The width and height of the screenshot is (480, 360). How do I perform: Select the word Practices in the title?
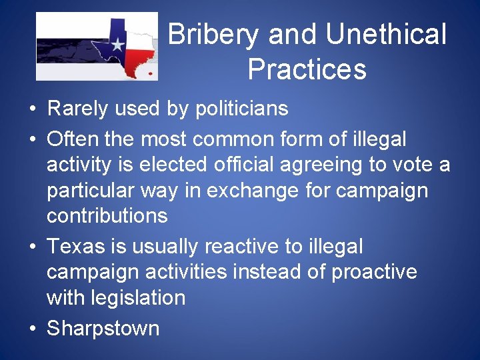[307, 69]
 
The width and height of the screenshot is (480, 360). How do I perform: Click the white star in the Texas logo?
[117, 45]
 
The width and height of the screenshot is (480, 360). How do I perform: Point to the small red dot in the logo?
[150, 73]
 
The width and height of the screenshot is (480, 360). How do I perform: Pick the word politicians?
[241, 108]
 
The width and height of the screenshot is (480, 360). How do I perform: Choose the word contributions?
[107, 215]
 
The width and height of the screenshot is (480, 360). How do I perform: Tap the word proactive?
[375, 271]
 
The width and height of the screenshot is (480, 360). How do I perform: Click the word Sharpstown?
[103, 328]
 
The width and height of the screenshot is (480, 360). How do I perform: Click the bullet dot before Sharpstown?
[33, 329]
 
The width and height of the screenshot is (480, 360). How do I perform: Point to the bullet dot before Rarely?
[33, 109]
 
